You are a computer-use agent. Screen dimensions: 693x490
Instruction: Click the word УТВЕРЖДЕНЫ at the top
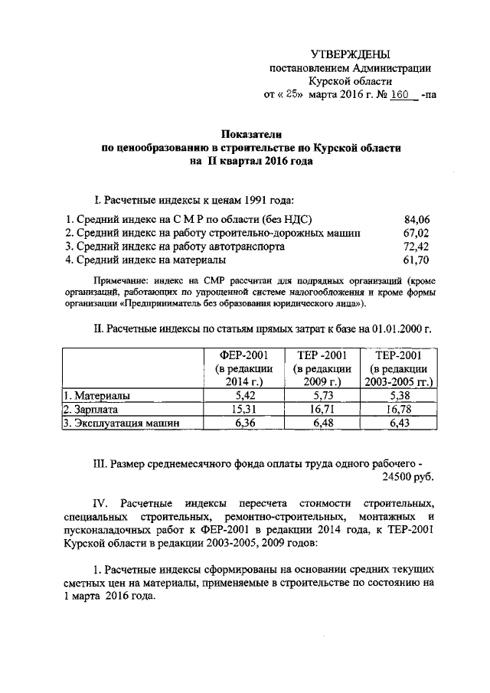(350, 54)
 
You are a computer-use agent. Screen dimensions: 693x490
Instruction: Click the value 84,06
(418, 219)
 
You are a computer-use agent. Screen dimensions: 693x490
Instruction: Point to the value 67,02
(418, 233)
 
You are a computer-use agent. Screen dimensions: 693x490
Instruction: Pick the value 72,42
(418, 247)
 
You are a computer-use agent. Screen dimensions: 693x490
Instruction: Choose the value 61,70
(418, 261)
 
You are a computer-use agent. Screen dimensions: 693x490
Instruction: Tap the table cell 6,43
(398, 423)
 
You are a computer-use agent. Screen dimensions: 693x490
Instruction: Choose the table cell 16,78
(398, 410)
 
